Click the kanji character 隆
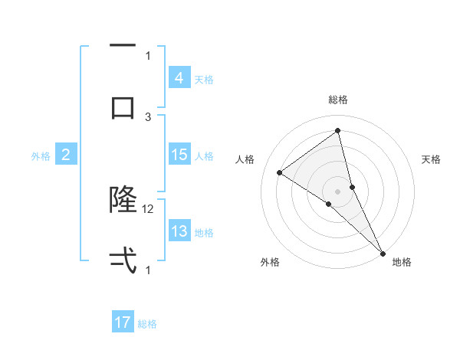[123, 200]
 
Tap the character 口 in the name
[123, 107]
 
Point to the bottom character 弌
[123, 260]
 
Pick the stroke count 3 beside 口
[149, 116]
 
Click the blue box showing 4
[179, 78]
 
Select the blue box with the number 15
[179, 155]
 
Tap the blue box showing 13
[179, 231]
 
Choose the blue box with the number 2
[65, 155]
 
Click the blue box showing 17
[123, 323]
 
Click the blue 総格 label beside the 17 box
[147, 324]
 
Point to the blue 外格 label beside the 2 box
[41, 155]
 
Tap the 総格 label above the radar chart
[337, 100]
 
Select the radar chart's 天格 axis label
[432, 159]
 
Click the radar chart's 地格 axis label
[402, 262]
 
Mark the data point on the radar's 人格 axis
[279, 172]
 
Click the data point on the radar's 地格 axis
[382, 252]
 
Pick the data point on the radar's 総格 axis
[337, 130]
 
